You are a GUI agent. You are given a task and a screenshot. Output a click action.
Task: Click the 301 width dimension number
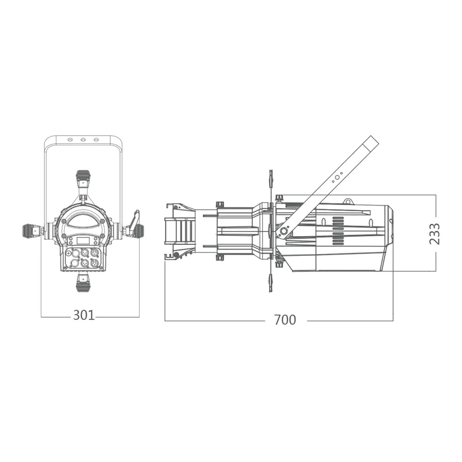click(x=84, y=315)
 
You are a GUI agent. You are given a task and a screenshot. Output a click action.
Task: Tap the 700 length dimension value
click(x=285, y=320)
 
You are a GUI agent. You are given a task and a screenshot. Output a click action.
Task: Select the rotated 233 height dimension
click(x=435, y=234)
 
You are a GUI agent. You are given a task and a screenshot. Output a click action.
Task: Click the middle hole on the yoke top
click(x=83, y=139)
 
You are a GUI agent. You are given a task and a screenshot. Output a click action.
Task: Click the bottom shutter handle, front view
click(x=83, y=282)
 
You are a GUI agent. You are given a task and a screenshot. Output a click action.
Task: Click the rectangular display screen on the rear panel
click(x=83, y=241)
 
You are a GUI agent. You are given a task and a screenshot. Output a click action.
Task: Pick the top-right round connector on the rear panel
click(x=94, y=253)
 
